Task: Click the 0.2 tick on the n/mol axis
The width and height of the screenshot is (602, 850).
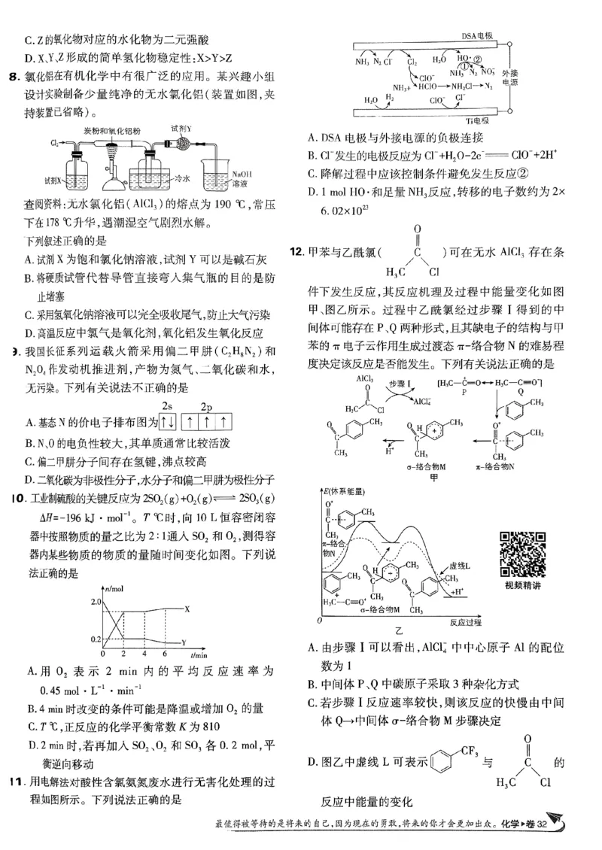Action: pos(94,639)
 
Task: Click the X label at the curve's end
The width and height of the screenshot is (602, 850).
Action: pos(187,609)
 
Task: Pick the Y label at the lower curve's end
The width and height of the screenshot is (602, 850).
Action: pos(185,642)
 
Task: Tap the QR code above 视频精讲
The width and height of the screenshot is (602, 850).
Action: pos(523,554)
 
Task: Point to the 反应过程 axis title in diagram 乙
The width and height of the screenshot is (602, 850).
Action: pos(467,621)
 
